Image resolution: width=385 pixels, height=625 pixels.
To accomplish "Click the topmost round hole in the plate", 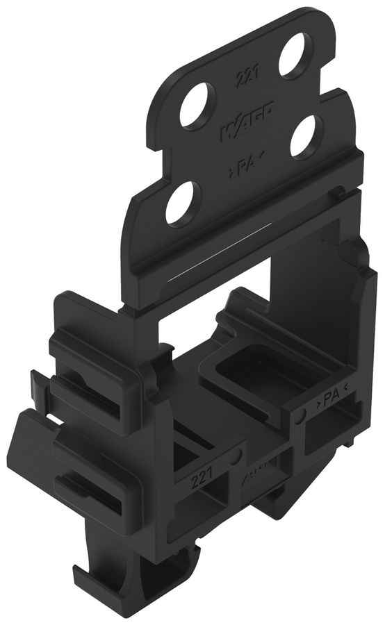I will pyautogui.click(x=296, y=56).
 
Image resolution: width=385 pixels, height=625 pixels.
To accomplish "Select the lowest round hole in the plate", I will pyautogui.click(x=183, y=203).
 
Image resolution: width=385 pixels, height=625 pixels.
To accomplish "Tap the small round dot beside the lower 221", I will pyautogui.click(x=238, y=456).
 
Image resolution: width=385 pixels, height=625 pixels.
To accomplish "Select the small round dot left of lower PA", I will pyautogui.click(x=300, y=415).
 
